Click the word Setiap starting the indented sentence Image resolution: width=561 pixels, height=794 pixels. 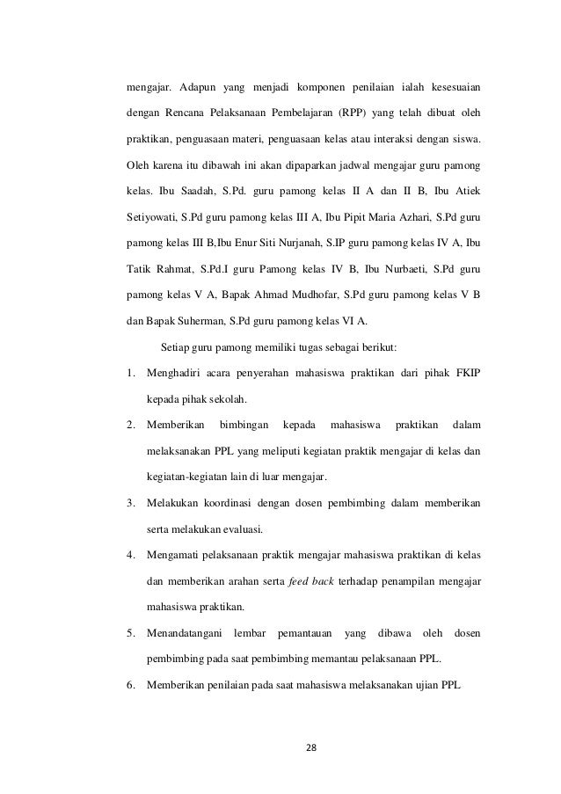(x=165, y=347)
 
